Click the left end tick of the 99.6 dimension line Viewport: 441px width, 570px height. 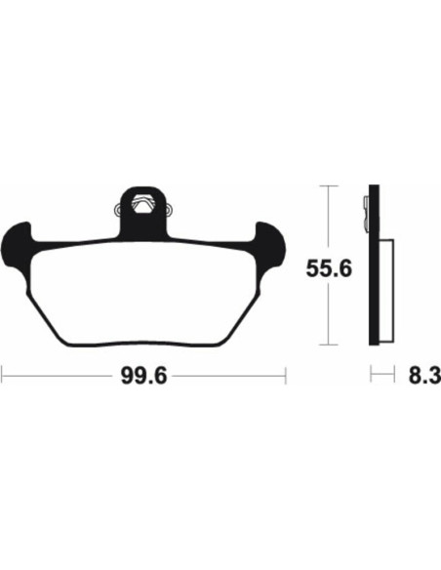pyautogui.click(x=3, y=373)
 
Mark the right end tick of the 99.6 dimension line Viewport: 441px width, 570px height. pyautogui.click(x=284, y=373)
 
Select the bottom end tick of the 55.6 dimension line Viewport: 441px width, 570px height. pyautogui.click(x=332, y=345)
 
